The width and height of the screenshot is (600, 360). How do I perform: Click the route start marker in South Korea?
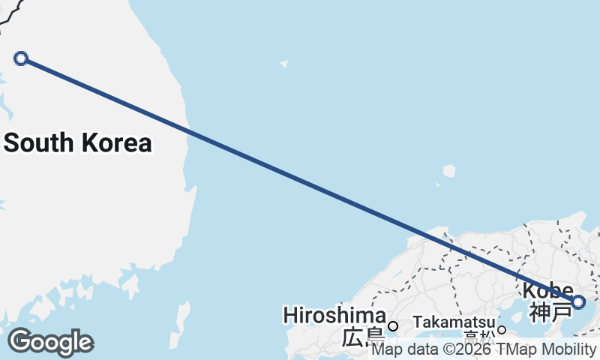click(21, 58)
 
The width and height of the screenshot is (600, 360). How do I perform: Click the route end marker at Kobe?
click(578, 302)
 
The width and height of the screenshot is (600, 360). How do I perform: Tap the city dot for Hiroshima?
click(392, 326)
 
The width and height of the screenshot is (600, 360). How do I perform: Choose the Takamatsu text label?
click(454, 322)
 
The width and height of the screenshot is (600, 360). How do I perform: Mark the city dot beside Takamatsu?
click(502, 329)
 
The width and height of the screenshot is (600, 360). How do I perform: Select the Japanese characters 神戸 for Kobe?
click(549, 311)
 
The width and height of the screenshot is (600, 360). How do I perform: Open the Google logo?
click(50, 342)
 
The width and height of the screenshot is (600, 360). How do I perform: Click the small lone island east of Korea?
click(284, 64)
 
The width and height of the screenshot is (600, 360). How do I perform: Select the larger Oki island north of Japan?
click(449, 171)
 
